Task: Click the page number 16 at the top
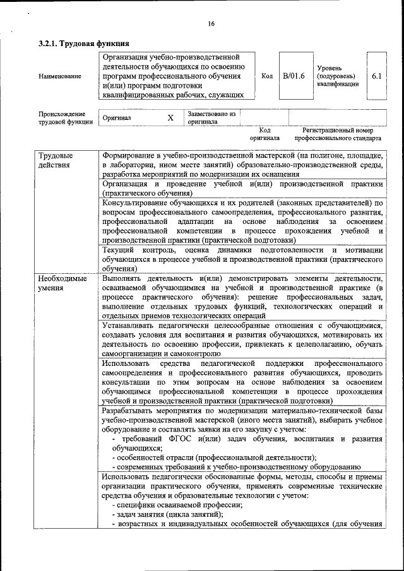(211, 23)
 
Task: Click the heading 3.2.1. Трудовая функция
(84, 44)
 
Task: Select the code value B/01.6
(294, 76)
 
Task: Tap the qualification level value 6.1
(377, 76)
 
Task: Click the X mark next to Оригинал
(170, 118)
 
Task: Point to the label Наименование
(60, 76)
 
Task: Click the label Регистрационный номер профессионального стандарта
(338, 134)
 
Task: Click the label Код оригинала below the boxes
(264, 134)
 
